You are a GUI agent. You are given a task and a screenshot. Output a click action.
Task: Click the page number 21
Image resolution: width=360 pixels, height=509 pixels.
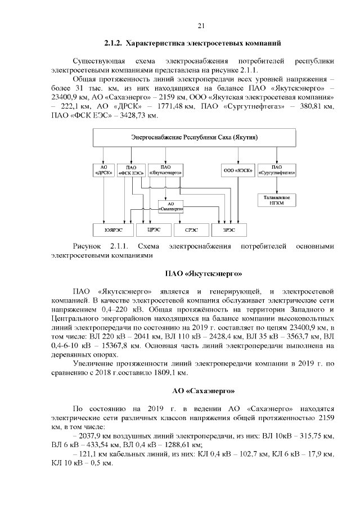[x=201, y=25]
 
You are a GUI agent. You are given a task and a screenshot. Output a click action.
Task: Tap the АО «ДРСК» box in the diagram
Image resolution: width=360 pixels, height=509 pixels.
[x=103, y=170]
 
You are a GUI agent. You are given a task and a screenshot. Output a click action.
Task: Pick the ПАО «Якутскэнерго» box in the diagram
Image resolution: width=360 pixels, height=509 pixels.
[x=165, y=170]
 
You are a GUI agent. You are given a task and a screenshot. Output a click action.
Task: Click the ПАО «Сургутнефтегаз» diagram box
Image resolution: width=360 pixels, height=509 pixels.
[x=277, y=170]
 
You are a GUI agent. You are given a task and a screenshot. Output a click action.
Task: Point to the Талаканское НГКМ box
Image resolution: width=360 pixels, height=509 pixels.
[x=277, y=200]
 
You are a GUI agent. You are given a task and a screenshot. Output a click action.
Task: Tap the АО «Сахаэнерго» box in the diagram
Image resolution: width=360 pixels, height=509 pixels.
[x=172, y=206]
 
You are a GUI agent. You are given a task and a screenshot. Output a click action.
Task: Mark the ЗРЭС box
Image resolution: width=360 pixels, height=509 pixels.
[x=228, y=229]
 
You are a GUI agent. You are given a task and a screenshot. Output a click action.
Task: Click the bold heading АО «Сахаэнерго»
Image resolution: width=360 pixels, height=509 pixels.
[x=203, y=390]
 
